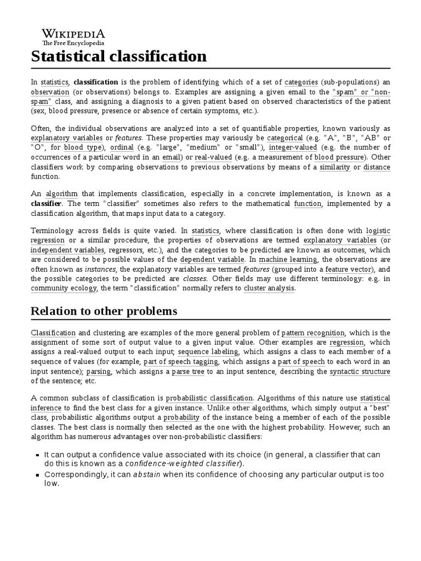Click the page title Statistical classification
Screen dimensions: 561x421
coord(119,56)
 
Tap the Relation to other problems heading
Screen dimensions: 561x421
coord(104,311)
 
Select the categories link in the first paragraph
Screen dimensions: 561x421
coord(301,82)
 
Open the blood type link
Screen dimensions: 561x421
coord(83,148)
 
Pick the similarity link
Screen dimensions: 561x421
coord(334,167)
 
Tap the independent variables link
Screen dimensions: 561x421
coord(67,250)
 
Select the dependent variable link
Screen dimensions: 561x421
coord(212,259)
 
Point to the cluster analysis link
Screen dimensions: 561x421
coord(269,288)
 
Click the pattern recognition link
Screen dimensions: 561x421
coord(313,333)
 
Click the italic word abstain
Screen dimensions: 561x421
coord(147,475)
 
